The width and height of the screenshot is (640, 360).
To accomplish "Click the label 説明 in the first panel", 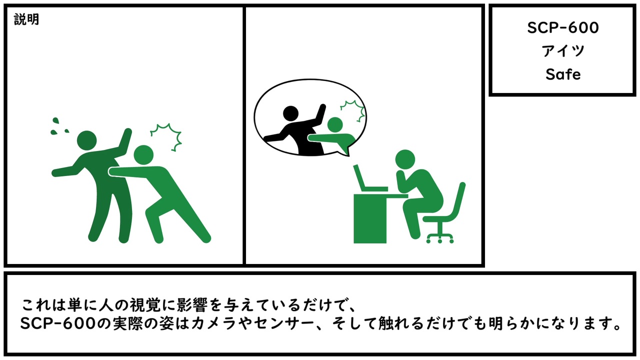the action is [26, 19].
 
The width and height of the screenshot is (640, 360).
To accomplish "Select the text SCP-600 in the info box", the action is [563, 27].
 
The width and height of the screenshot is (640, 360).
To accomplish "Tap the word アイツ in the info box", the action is [563, 51].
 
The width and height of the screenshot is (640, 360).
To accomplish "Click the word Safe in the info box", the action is [563, 74].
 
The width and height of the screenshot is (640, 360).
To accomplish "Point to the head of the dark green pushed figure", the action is [87, 140].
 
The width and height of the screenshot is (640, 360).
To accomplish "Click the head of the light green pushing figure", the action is [143, 155].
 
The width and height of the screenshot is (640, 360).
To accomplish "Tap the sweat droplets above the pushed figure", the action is [59, 125].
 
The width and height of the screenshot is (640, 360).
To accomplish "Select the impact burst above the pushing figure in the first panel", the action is [166, 136].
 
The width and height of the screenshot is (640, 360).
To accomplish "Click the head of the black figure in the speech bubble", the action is [290, 113].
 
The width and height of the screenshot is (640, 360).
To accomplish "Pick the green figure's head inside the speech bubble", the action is [335, 124].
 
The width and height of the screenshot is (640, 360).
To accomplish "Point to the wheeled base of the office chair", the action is [440, 235].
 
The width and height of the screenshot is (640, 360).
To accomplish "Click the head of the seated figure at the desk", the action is [405, 159].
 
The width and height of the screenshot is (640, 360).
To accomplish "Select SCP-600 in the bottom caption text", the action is [57, 324].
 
